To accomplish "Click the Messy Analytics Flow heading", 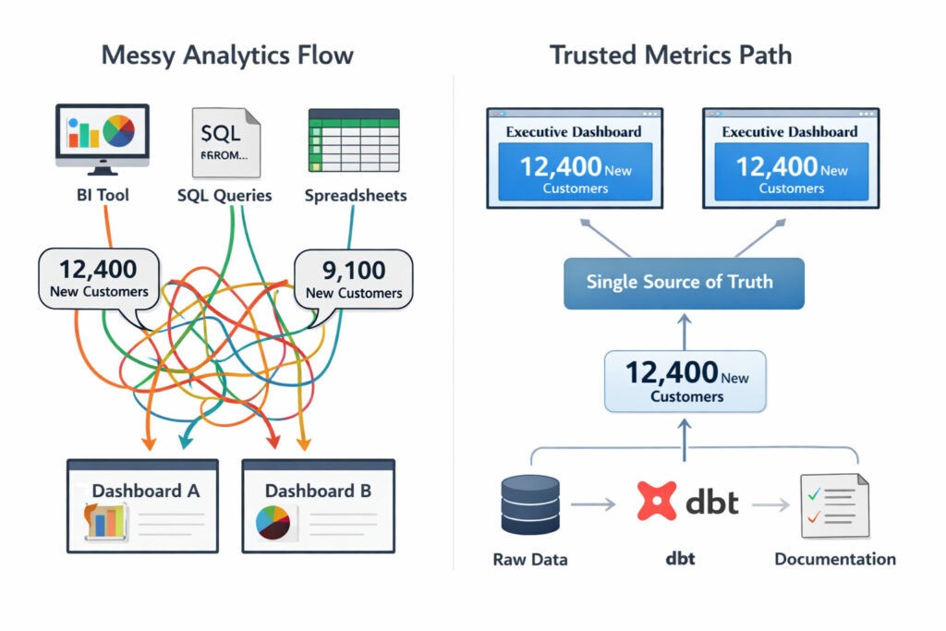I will point(227,55).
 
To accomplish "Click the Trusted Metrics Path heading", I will point(671,55).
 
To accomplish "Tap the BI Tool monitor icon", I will point(102,140).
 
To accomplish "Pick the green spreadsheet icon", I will point(353,141).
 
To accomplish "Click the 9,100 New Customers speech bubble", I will point(353,279).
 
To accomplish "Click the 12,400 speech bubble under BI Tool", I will point(98,279).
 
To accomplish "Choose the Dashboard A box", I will point(143,505).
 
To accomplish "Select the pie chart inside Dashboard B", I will point(273,522).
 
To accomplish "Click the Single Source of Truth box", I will point(684,283).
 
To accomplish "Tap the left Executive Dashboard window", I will point(574,158).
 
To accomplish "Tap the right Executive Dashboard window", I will point(791,158).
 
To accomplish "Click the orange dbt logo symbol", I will point(658,502).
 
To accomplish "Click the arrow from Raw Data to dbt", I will point(593,504).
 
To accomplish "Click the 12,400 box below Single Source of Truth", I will point(685,381).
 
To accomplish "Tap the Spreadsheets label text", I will point(356,196).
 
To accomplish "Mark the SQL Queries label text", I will point(224,196).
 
